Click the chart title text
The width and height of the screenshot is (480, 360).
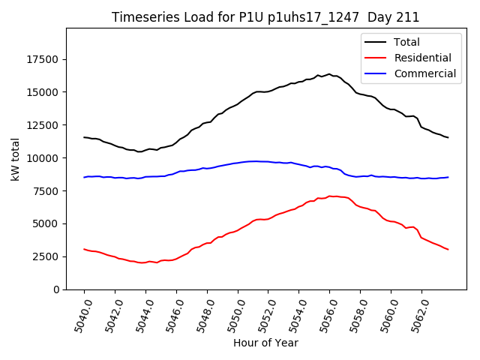[265, 17]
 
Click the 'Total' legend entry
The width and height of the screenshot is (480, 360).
[406, 43]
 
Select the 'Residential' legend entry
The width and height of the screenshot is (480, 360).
[422, 58]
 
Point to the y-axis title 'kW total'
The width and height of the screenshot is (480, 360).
[16, 159]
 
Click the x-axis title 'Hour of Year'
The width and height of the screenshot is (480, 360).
[265, 343]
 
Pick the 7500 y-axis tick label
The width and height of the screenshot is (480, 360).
[46, 191]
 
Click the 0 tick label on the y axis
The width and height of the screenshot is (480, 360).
[57, 289]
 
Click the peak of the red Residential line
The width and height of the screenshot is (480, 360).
[330, 196]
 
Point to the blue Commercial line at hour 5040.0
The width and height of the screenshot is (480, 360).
[85, 177]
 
